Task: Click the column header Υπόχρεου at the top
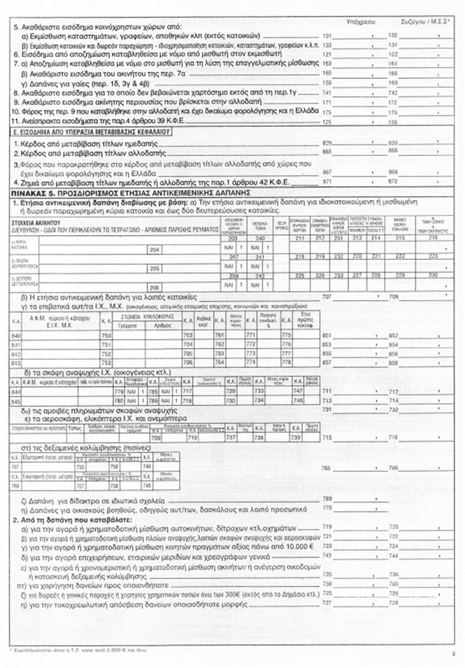[360, 21]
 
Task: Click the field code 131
[327, 36]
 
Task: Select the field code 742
[393, 93]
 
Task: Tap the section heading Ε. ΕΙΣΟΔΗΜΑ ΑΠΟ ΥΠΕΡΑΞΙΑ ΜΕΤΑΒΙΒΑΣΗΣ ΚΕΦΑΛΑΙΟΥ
[91, 132]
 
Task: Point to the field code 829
[327, 144]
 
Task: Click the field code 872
[393, 181]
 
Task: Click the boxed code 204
[155, 250]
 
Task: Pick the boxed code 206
[155, 287]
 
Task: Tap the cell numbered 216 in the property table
[433, 238]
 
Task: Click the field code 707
[327, 297]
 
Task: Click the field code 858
[393, 363]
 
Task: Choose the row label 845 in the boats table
[16, 400]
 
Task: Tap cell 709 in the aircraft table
[156, 438]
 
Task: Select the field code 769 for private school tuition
[327, 499]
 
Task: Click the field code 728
[393, 603]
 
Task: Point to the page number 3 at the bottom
[453, 654]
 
